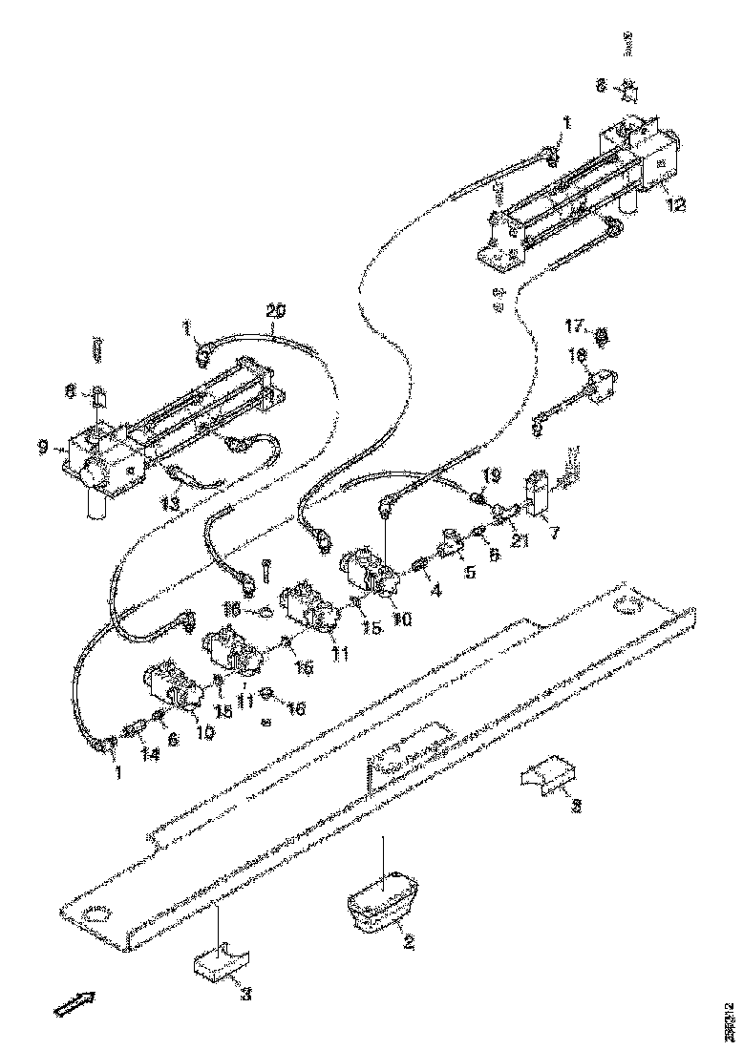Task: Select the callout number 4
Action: point(435,591)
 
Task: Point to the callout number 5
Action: point(469,574)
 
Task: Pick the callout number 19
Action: point(490,473)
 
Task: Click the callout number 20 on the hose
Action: point(276,310)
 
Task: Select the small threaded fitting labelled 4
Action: point(416,571)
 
